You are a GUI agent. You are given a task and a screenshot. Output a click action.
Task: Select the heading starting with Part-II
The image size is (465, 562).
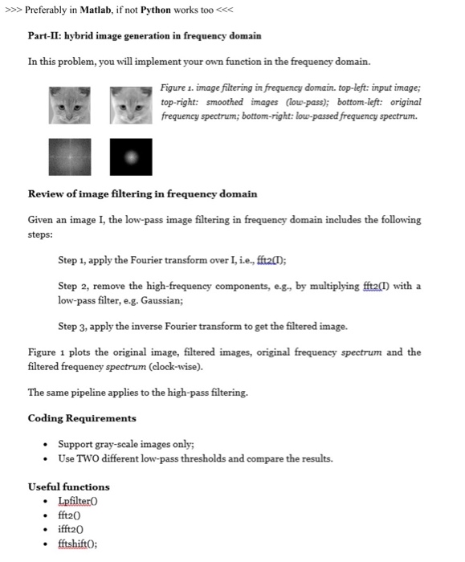pos(144,37)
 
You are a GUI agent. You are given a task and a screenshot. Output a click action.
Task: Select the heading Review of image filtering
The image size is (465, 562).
pos(142,194)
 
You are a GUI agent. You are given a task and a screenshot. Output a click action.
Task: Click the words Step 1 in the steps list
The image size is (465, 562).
pos(74,261)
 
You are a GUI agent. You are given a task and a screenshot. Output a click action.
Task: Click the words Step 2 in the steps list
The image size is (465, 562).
pos(74,287)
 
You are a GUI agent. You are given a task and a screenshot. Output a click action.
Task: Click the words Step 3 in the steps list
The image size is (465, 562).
pos(74,327)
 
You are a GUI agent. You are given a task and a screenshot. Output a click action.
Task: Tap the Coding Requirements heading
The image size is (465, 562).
pos(81,419)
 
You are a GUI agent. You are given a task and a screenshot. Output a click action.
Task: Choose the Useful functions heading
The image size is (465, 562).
pos(68,487)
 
